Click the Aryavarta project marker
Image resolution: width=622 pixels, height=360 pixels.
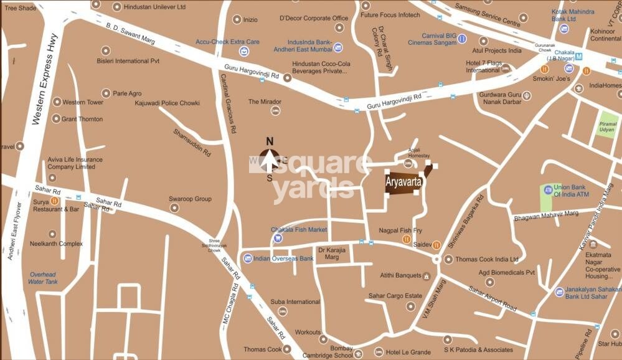coord(405,182)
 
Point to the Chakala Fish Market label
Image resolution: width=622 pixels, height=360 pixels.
coord(298,230)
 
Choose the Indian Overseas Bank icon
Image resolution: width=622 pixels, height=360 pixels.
coord(248,258)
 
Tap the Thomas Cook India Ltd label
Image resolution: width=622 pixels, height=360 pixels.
coord(487,259)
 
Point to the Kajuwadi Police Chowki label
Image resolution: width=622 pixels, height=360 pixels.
coord(167,103)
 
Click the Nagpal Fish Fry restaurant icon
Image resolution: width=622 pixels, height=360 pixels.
coord(406,239)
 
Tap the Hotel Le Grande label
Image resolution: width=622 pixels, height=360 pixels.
coord(408,352)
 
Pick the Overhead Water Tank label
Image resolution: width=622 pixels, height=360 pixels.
coord(43,278)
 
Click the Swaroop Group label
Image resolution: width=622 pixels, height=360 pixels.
coord(190,199)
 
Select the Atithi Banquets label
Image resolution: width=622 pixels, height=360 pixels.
coord(400,275)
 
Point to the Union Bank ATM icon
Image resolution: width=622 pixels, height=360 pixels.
coord(548,189)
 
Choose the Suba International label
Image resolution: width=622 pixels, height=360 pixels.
coord(295,302)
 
